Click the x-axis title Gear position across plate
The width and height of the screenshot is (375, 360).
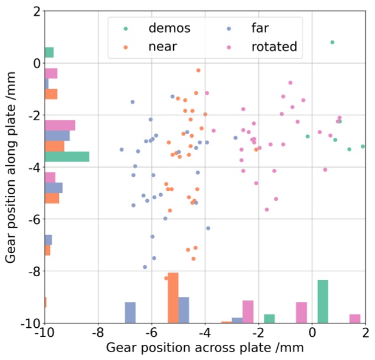205,348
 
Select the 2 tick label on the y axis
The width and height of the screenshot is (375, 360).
36,12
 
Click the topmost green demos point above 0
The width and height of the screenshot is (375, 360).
332,42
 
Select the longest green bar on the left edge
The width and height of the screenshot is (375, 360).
67,157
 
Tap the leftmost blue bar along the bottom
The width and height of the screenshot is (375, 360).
130,312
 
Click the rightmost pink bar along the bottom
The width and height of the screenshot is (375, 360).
355,318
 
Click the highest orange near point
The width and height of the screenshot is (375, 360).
198,70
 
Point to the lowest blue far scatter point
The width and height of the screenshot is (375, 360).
145,267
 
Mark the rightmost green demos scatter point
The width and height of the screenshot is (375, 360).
363,146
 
